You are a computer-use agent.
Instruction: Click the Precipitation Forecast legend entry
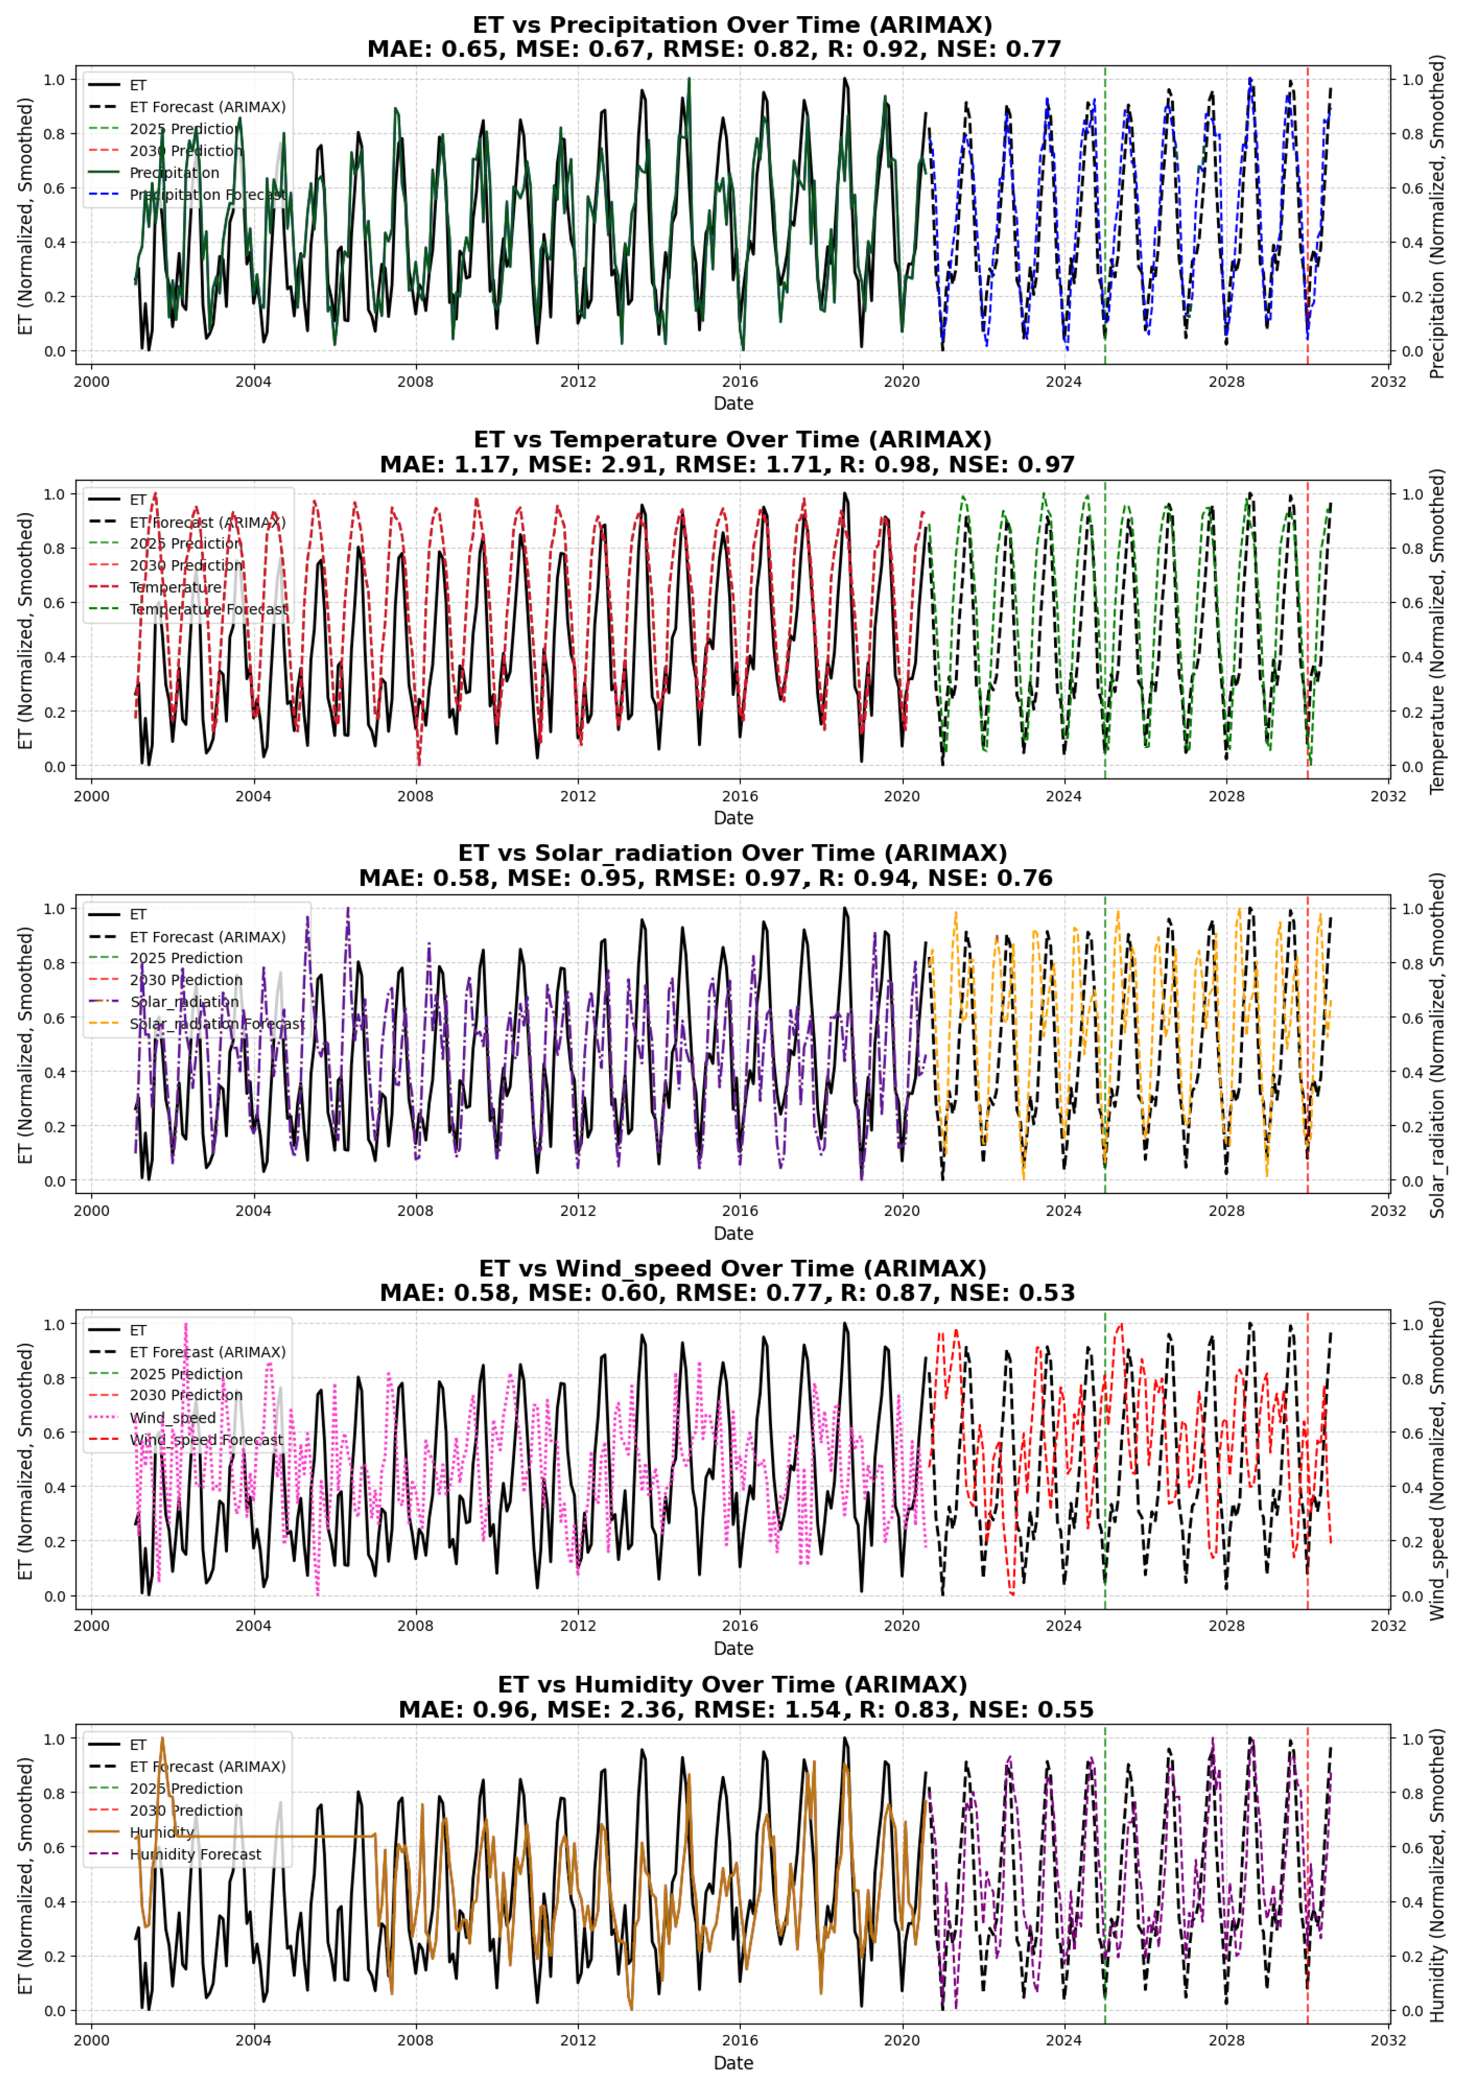coord(207,194)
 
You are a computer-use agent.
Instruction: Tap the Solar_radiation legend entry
coord(184,1002)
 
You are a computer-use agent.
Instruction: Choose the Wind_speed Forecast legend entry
coord(206,1439)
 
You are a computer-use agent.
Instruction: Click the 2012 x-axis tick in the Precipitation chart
coord(577,381)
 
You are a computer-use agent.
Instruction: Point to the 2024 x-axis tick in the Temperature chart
coord(1063,797)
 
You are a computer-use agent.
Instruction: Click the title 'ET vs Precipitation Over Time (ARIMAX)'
coord(732,25)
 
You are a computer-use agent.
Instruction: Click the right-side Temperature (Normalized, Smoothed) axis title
coord(1436,631)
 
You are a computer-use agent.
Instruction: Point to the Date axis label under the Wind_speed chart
coord(733,1648)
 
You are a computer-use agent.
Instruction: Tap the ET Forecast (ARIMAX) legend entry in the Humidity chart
coord(207,1766)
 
